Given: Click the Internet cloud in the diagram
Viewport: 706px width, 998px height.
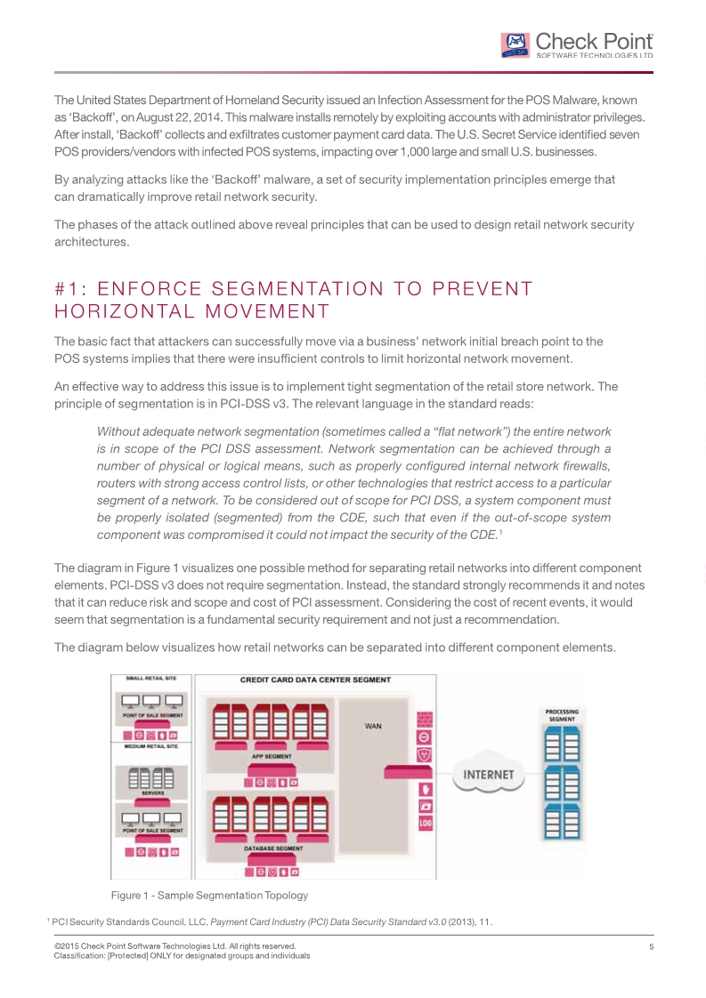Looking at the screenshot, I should tap(488, 774).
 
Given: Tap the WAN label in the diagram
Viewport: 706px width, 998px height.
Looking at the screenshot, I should tap(374, 726).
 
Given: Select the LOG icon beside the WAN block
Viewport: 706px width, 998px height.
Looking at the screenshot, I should tap(426, 823).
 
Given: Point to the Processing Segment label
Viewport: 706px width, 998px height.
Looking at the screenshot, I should tap(562, 714).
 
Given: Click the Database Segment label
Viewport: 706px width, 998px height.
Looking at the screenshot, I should tap(273, 849).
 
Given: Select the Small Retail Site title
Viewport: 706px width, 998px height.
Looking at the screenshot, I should tap(139, 679).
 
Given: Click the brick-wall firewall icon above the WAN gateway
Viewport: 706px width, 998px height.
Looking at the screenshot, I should tap(426, 718).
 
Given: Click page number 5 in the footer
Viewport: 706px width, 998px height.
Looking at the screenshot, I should tap(652, 946).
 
